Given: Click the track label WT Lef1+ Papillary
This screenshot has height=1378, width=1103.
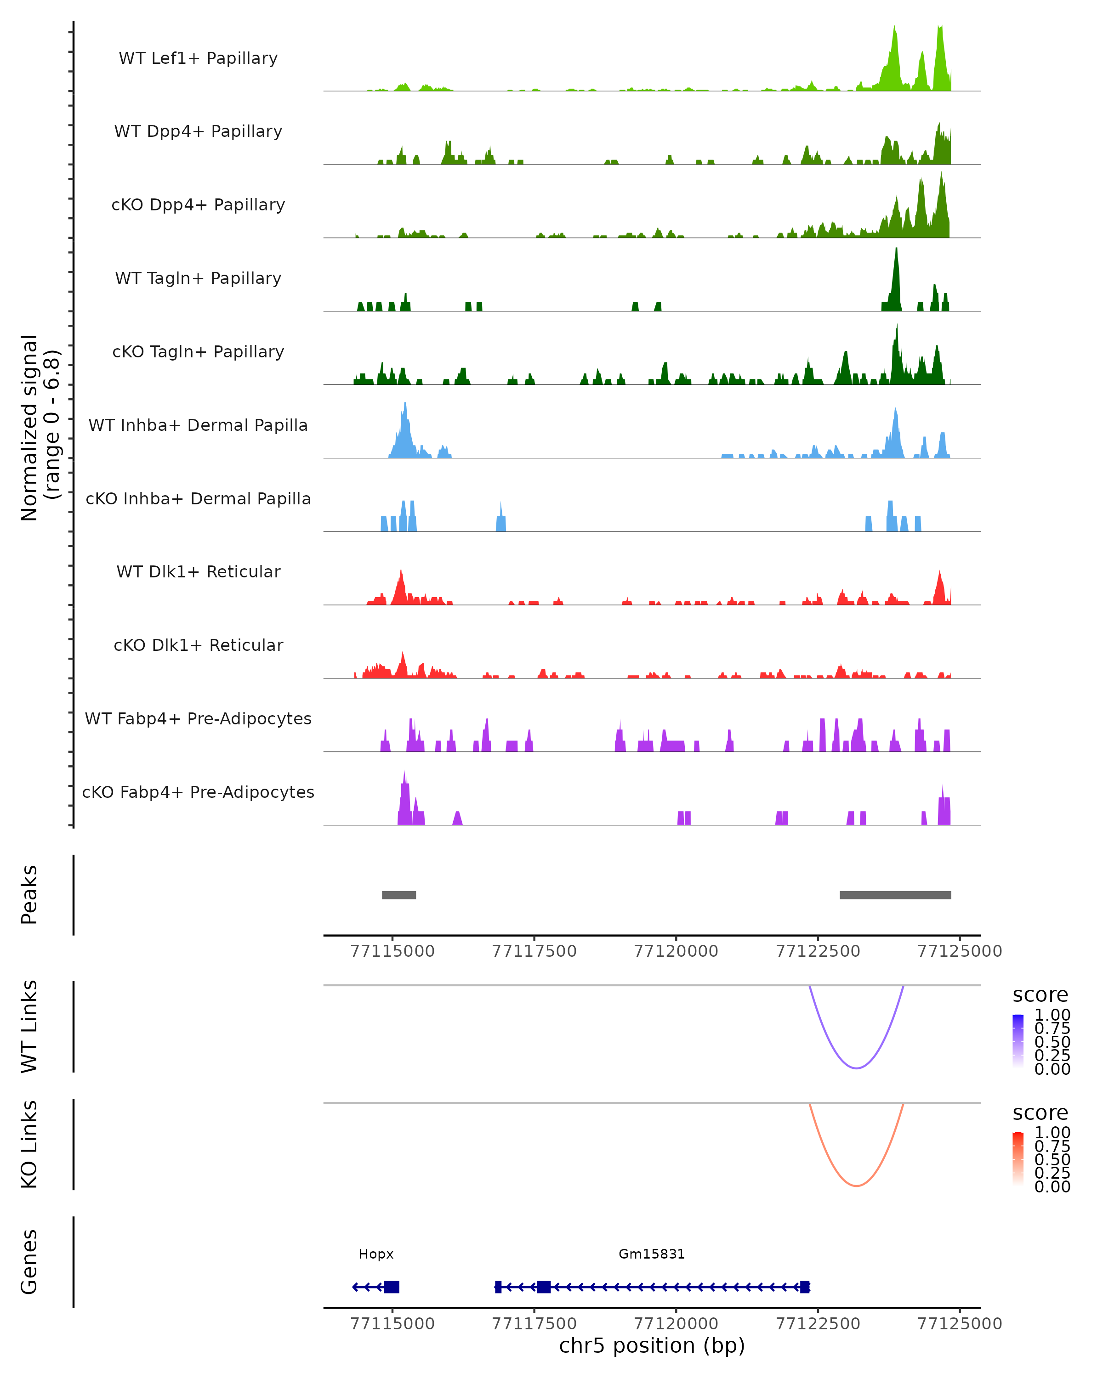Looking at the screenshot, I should [x=198, y=58].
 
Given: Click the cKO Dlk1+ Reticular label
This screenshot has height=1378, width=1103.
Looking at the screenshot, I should [x=198, y=645].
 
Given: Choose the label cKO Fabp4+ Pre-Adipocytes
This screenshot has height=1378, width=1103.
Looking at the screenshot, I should [x=198, y=792].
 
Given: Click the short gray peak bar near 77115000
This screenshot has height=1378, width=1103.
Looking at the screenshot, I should [x=399, y=895].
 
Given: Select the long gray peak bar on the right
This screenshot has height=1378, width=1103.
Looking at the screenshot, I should [x=895, y=895].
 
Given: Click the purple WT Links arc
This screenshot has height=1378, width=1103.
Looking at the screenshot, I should [x=856, y=1067].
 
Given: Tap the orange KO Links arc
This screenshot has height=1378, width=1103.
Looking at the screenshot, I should [x=856, y=1185].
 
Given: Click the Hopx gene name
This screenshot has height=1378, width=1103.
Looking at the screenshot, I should [x=376, y=1254].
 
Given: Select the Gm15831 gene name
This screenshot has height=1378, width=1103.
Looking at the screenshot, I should [x=652, y=1254].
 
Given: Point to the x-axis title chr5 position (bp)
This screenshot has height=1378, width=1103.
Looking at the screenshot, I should [x=652, y=1345].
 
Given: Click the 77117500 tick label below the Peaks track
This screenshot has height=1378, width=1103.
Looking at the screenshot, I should [x=534, y=951].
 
